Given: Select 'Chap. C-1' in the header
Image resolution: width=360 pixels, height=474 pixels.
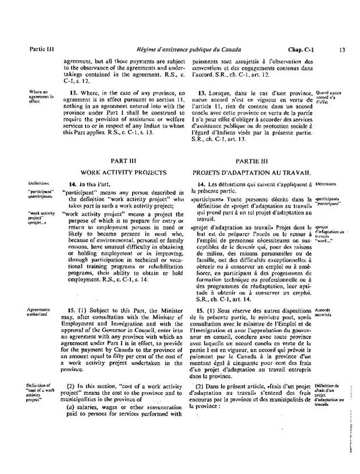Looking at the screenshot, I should (300, 50).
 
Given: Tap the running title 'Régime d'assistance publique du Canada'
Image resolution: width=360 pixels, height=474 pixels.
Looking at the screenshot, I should (194, 50).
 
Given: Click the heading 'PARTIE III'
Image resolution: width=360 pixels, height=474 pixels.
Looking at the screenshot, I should (252, 160).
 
